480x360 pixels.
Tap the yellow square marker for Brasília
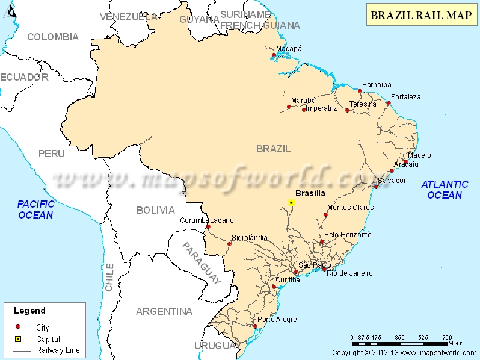tap(291, 203)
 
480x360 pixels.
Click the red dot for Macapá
tap(274, 55)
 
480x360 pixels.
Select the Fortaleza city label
tap(405, 96)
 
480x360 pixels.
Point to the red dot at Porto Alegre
tap(256, 327)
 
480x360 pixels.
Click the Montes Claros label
tap(350, 208)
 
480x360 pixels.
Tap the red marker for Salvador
tap(376, 187)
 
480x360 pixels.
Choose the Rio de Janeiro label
tap(349, 273)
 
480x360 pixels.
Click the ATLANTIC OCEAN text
tap(445, 190)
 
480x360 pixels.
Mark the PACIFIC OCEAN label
tap(35, 209)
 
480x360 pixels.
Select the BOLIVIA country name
tap(155, 210)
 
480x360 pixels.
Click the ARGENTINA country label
tap(164, 311)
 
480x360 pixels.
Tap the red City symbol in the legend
tap(18, 327)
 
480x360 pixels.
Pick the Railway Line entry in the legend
tap(58, 350)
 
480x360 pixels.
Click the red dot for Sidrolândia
tap(229, 244)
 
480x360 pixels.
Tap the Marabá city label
tap(303, 100)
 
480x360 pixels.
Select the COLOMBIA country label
tap(53, 37)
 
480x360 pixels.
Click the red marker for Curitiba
tap(274, 287)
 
